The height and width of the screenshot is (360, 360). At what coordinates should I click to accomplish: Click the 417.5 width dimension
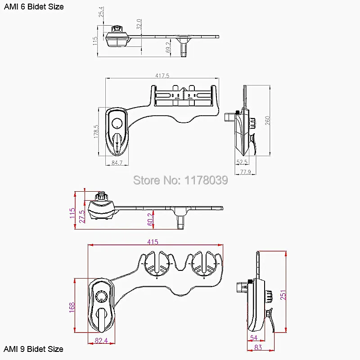162,76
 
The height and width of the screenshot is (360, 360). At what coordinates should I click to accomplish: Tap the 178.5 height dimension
96,131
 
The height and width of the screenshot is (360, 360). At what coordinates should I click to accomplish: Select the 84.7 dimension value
117,163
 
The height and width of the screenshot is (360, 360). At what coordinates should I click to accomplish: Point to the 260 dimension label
268,120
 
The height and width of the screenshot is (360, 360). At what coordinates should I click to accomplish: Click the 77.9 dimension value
245,172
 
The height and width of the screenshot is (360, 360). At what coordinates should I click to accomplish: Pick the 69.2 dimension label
168,47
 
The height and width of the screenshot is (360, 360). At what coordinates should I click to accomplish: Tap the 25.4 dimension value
101,12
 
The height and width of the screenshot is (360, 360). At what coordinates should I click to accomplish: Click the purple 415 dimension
153,242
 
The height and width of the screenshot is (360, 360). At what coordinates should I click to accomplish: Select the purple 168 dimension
72,307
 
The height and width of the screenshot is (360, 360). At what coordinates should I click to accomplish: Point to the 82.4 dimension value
101,340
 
